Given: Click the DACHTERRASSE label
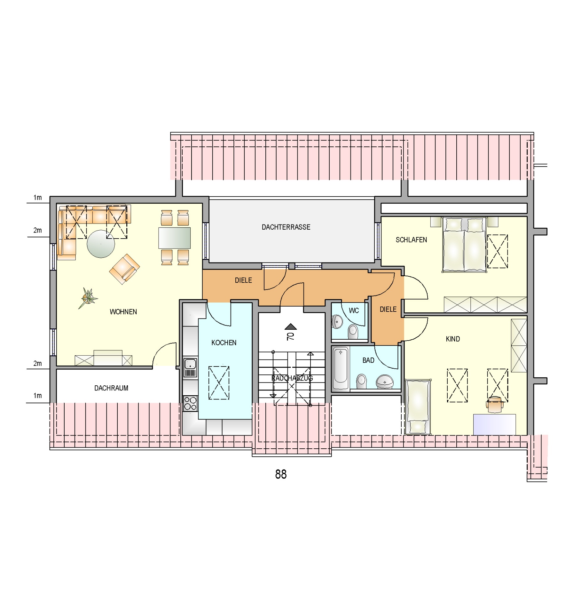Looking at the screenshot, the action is click(x=286, y=227).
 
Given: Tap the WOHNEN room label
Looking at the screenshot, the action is click(x=123, y=312).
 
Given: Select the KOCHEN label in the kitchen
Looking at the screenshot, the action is click(x=224, y=343).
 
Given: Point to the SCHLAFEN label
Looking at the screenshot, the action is click(x=411, y=240).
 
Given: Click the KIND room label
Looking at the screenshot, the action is click(x=453, y=339).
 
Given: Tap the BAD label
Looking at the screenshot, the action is click(x=368, y=360).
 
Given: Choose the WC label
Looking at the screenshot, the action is click(x=354, y=311).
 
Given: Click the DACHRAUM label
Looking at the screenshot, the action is click(x=111, y=388).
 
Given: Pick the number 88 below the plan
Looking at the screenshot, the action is click(x=281, y=474).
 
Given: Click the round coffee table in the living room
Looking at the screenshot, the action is click(x=101, y=244).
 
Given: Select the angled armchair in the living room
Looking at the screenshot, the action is click(x=124, y=269).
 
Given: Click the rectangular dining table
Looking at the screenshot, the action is click(x=175, y=238).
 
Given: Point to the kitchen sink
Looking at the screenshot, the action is click(x=190, y=367).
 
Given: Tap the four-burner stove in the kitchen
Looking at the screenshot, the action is click(x=190, y=404).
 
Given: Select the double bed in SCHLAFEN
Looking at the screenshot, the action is click(x=464, y=245).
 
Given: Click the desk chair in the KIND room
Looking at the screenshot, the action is click(x=494, y=404).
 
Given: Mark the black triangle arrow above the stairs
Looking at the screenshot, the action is click(x=291, y=327).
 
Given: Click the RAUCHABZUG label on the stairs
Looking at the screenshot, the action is click(x=292, y=378).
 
